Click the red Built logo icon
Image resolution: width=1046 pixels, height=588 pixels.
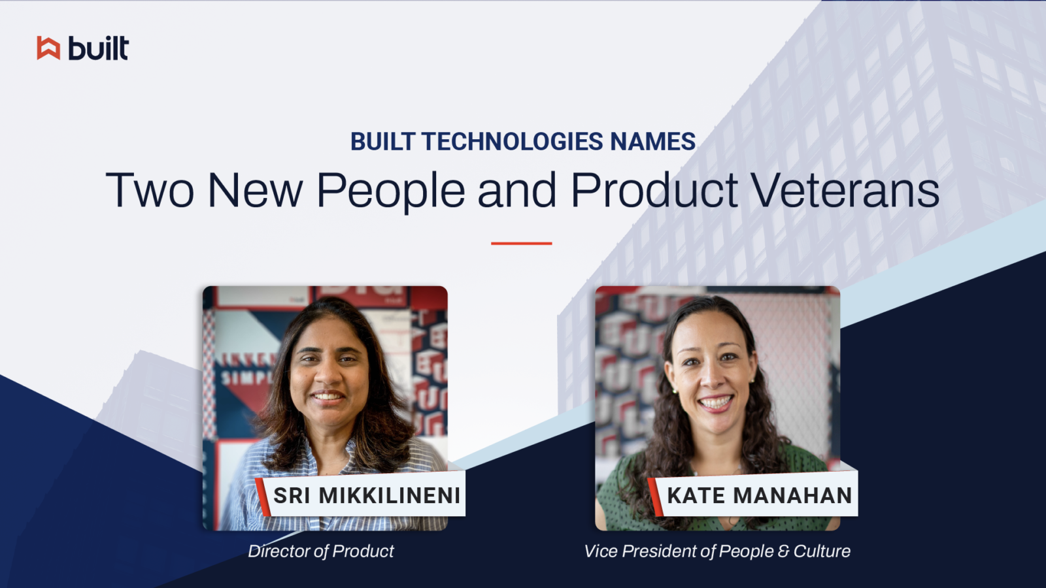click(x=48, y=48)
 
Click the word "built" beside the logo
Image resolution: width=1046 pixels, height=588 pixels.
click(x=99, y=48)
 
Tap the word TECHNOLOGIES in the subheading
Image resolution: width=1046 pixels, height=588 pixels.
click(x=513, y=142)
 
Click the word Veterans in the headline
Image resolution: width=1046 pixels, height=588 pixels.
click(x=845, y=191)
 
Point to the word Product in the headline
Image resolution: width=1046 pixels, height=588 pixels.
click(x=654, y=191)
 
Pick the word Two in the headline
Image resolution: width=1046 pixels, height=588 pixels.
click(x=150, y=191)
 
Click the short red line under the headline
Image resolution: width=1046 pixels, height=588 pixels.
click(x=521, y=244)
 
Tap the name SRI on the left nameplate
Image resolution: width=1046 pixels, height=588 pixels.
click(x=292, y=496)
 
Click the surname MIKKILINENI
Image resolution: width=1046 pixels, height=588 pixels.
click(x=390, y=496)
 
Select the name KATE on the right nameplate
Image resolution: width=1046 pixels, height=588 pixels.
click(x=696, y=496)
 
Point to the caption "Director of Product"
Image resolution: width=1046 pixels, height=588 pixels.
click(x=321, y=551)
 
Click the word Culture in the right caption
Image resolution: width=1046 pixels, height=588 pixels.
click(x=822, y=551)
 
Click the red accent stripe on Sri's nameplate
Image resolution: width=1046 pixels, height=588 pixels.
click(x=263, y=497)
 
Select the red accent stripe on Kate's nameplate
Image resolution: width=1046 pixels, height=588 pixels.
click(x=655, y=497)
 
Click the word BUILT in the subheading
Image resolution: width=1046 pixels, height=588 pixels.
click(x=382, y=142)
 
